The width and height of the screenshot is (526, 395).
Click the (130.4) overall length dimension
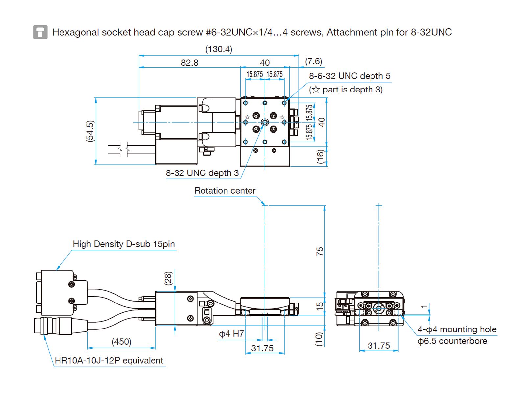[219, 49]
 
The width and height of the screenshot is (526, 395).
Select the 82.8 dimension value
[190, 63]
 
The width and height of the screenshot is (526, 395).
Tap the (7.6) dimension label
[313, 61]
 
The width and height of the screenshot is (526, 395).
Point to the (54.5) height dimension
[90, 131]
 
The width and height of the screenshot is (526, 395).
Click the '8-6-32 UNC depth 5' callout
[349, 76]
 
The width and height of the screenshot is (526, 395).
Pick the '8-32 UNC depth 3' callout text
[202, 173]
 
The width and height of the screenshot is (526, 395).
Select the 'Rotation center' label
[225, 191]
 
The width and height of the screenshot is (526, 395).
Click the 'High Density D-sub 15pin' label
[124, 244]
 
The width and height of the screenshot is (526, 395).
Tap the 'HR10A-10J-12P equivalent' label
[109, 361]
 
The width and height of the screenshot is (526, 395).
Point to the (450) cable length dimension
[121, 342]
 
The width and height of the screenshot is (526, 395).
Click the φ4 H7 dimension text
[231, 334]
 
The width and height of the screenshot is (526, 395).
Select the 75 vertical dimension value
[320, 251]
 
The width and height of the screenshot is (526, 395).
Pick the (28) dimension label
[168, 278]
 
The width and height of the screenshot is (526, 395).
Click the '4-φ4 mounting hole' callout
[457, 329]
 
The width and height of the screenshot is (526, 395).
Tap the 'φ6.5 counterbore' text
[452, 341]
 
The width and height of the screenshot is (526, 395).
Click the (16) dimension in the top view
[320, 156]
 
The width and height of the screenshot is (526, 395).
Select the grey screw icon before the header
[40, 32]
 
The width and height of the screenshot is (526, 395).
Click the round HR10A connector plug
[53, 326]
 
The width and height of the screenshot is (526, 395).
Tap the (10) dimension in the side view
[319, 339]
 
